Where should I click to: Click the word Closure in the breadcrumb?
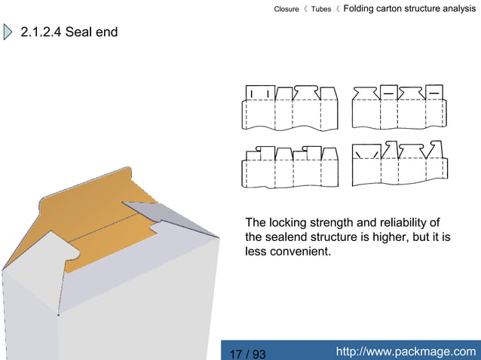[286, 9]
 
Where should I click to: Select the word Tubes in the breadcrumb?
[321, 9]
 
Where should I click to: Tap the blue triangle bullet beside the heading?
[8, 33]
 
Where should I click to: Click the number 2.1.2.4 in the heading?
[41, 33]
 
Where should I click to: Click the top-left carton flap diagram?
[290, 106]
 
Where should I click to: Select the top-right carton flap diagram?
[398, 106]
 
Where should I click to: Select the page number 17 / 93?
[247, 353]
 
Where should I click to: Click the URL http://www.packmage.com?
[405, 351]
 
